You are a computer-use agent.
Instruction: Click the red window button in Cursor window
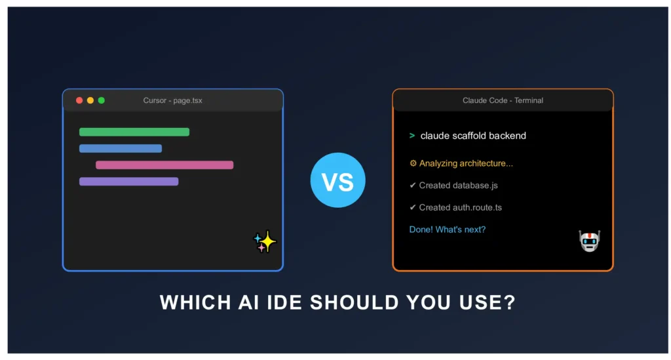(79, 100)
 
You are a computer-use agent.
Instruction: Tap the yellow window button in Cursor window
(90, 100)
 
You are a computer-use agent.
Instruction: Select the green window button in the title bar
(102, 100)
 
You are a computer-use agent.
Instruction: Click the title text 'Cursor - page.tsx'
(172, 100)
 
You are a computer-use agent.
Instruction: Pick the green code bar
(134, 132)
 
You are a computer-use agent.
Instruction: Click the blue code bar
(121, 149)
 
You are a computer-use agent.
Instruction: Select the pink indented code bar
(164, 165)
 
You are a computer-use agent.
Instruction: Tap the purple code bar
(129, 182)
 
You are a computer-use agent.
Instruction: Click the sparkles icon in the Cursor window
(265, 242)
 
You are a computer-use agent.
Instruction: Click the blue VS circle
(337, 180)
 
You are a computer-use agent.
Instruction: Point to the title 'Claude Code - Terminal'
(503, 100)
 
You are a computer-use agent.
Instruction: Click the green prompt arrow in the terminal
(412, 136)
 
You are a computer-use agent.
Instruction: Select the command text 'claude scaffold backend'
(473, 136)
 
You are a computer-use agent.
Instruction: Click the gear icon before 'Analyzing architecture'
(413, 163)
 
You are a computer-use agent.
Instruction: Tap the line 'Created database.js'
(453, 186)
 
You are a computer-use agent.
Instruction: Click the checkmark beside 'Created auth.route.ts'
(413, 208)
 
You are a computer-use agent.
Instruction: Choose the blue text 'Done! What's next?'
(447, 230)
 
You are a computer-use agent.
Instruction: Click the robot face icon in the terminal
(589, 241)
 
